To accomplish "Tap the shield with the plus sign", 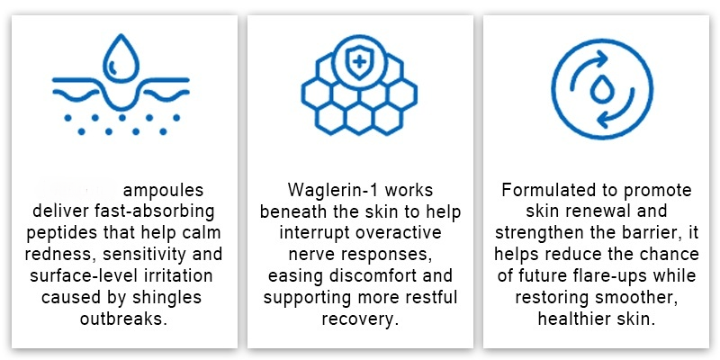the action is pyautogui.click(x=359, y=61).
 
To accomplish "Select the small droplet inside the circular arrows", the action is pyautogui.click(x=601, y=89).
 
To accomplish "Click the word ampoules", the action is pyautogui.click(x=164, y=190).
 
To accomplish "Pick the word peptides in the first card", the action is pyautogui.click(x=61, y=232).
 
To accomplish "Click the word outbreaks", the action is pyautogui.click(x=123, y=319).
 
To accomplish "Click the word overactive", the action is pyautogui.click(x=397, y=232).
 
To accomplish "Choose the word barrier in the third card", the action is pyautogui.click(x=651, y=232).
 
